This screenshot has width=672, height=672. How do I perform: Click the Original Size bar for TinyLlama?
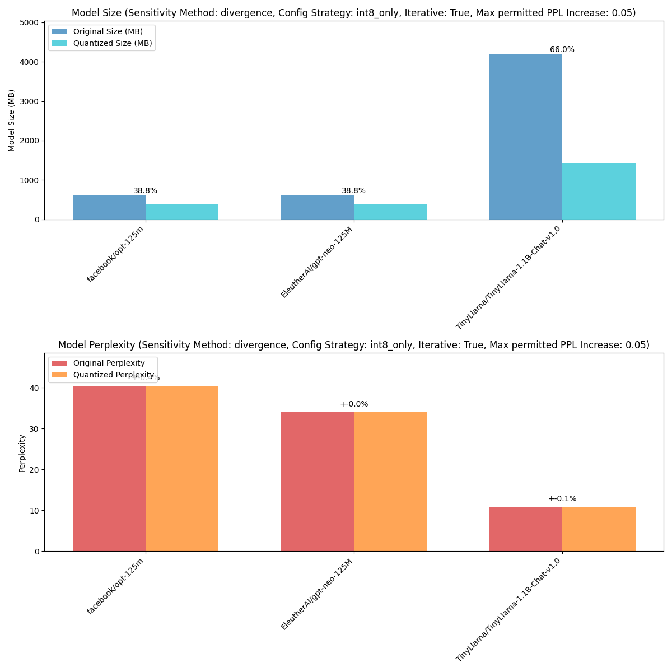(525, 137)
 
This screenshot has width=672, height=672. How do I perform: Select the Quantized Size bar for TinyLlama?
(599, 192)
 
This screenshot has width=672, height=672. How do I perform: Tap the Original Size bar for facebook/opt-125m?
(109, 207)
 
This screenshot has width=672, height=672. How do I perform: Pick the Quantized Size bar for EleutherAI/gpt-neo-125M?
(390, 212)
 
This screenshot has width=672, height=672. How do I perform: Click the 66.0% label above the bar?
(562, 50)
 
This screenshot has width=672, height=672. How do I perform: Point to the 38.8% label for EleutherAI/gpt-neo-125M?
(353, 191)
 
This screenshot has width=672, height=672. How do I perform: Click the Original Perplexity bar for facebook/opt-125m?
(109, 468)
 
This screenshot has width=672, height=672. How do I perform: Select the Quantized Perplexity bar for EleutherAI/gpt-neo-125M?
(390, 482)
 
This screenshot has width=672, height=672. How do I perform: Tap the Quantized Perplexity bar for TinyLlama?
(599, 529)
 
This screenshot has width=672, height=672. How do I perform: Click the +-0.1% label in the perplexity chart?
(562, 499)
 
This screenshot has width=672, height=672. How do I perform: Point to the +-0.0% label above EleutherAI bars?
(353, 404)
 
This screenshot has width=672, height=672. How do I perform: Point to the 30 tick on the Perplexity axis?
(35, 429)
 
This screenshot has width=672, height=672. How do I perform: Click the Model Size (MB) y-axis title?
(12, 120)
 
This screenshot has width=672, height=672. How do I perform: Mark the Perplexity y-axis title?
(22, 452)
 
